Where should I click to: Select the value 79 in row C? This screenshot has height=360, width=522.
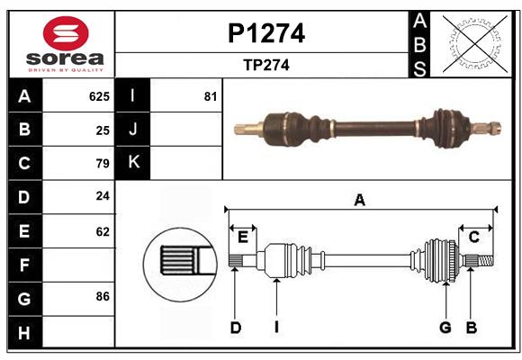(x=102, y=164)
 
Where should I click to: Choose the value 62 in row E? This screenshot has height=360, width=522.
(x=102, y=231)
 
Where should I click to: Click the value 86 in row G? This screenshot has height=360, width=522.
(x=102, y=296)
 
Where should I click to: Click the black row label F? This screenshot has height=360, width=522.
(x=24, y=265)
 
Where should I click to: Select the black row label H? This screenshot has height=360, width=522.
(x=24, y=332)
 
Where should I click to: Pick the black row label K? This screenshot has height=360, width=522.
(x=133, y=163)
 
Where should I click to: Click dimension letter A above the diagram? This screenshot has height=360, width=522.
(x=359, y=201)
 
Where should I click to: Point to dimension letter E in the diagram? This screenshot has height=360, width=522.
(x=243, y=237)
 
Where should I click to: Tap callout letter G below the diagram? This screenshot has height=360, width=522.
(x=445, y=328)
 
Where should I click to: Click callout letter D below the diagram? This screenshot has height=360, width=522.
(x=235, y=328)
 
